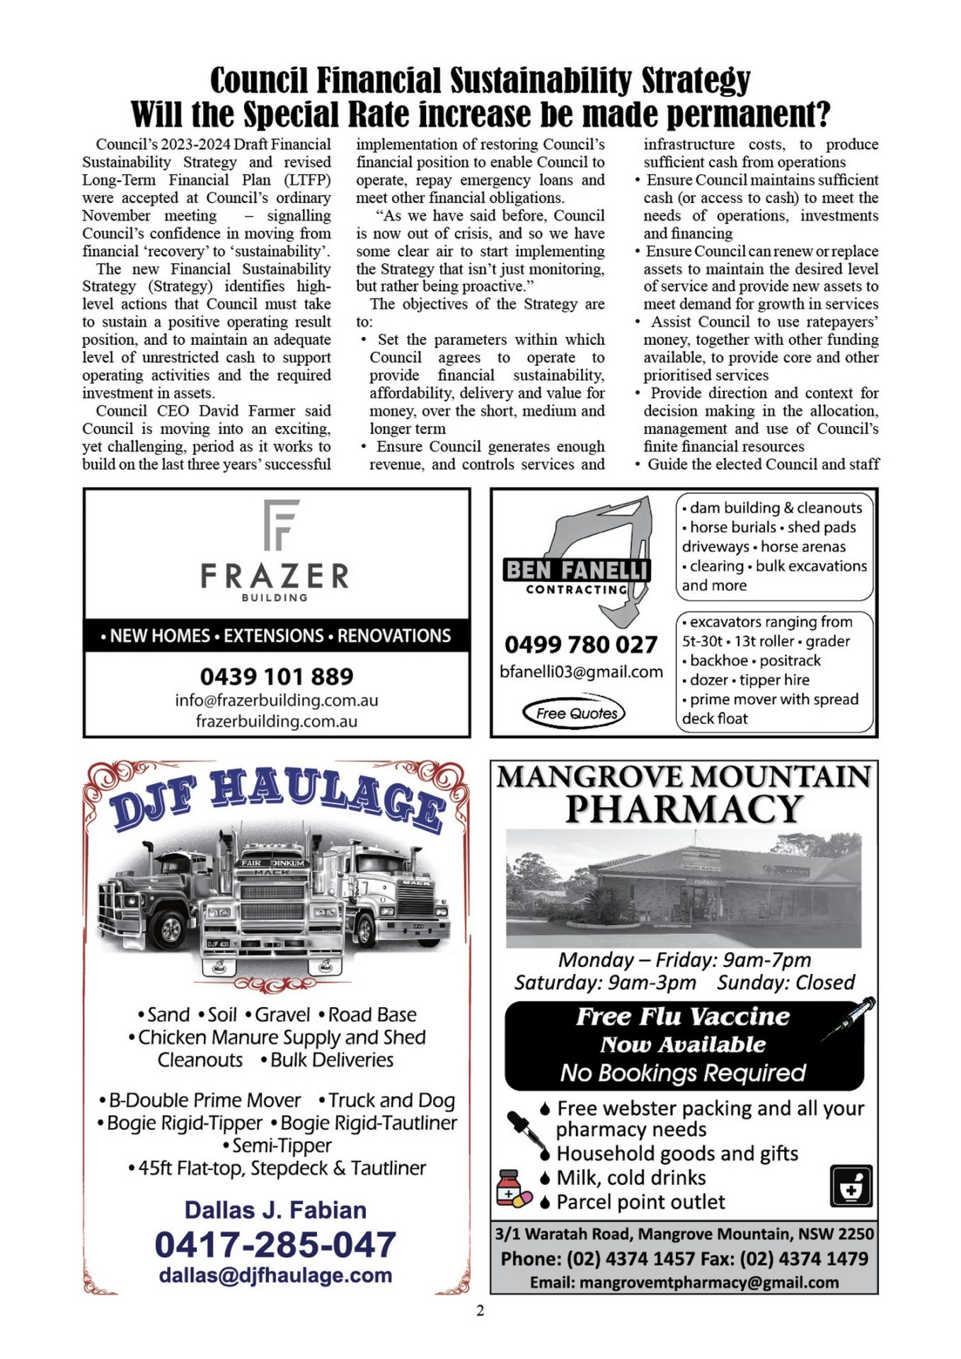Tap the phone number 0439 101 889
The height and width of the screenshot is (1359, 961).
277,676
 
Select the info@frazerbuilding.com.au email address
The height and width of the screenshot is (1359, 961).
277,700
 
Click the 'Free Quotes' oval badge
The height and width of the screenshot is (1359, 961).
576,713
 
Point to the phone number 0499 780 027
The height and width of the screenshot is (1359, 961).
581,644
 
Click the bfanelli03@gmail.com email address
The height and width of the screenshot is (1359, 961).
581,672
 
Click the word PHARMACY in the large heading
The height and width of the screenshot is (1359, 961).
684,809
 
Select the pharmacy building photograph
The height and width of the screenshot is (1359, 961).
684,888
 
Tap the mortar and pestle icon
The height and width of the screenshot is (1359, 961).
851,1186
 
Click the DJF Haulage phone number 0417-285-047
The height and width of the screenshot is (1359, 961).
275,1245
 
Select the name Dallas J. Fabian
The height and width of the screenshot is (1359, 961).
275,1210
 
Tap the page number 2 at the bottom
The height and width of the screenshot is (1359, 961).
480,1311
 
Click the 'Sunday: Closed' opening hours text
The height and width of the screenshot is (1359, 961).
786,982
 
